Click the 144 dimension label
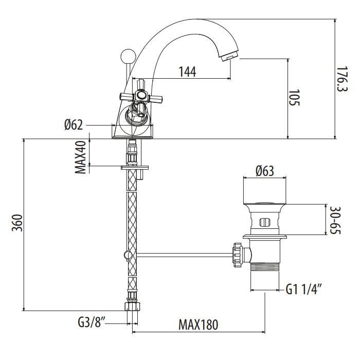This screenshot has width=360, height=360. (x=187, y=72)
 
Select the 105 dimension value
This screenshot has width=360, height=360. (x=294, y=98)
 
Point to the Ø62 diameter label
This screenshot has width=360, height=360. (x=74, y=125)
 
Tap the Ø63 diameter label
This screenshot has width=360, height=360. (x=264, y=171)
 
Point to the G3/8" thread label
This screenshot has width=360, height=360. (x=93, y=323)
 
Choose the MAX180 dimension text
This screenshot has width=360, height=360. (x=198, y=325)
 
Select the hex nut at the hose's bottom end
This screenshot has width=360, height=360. (x=132, y=307)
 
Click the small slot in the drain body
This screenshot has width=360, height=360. (x=264, y=223)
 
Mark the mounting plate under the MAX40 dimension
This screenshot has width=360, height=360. (x=134, y=167)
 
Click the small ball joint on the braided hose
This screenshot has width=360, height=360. (x=126, y=254)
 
